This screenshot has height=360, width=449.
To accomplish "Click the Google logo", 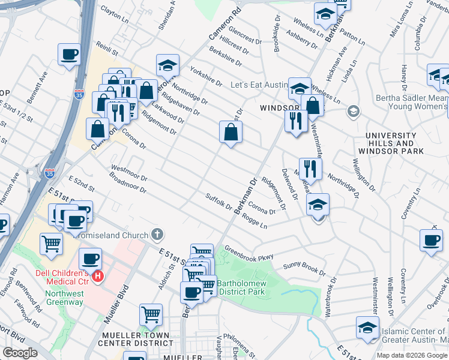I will (x=20, y=353).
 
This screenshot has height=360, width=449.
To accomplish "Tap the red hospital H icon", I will (x=98, y=277).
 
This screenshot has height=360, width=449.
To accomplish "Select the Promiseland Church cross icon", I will (x=157, y=234).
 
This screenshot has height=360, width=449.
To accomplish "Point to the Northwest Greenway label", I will (x=64, y=298).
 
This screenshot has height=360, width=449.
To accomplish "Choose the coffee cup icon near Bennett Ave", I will (x=69, y=55).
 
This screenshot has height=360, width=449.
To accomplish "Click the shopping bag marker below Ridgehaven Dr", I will (x=231, y=131).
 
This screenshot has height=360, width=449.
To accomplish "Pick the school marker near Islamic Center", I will (x=367, y=328).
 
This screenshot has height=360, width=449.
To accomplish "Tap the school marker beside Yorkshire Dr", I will (x=168, y=65).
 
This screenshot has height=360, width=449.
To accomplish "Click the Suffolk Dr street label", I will (x=218, y=202).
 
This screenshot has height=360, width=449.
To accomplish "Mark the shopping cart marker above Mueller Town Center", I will (x=151, y=314).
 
